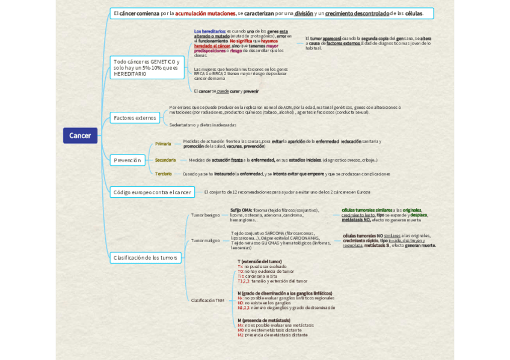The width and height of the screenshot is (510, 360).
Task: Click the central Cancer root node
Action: click(x=80, y=136)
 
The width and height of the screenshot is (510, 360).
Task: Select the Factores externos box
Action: click(x=135, y=118)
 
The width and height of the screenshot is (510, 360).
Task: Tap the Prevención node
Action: click(x=127, y=160)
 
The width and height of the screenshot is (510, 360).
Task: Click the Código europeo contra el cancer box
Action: click(x=152, y=192)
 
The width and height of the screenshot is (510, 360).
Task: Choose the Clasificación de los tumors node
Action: click(x=145, y=258)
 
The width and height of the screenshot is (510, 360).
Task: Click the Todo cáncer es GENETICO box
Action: click(x=147, y=67)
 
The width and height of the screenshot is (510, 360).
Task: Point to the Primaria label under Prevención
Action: click(x=163, y=144)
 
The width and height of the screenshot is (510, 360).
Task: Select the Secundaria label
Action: click(x=165, y=160)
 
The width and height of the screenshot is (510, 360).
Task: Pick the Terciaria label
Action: click(x=164, y=174)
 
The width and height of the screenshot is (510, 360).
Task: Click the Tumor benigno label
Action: click(x=205, y=215)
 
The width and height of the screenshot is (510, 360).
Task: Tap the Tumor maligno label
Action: click(x=205, y=240)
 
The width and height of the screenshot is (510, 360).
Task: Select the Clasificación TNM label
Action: click(x=207, y=300)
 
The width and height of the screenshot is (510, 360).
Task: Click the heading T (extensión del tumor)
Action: click(x=259, y=261)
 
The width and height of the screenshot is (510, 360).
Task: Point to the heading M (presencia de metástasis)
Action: click(x=263, y=320)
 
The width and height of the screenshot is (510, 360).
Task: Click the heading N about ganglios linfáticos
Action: click(x=284, y=293)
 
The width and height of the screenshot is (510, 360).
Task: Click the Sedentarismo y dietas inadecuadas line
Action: click(x=203, y=125)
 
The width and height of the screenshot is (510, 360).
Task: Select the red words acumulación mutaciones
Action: click(x=205, y=13)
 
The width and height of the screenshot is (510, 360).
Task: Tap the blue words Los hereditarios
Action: click(x=210, y=31)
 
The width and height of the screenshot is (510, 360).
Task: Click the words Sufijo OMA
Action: click(x=241, y=210)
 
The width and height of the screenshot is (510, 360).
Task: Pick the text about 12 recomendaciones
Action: click(x=287, y=192)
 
